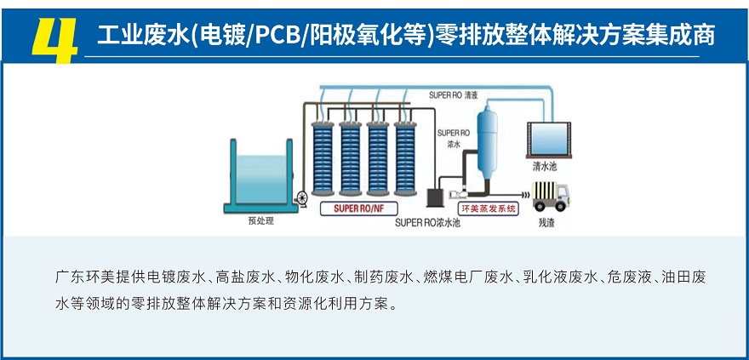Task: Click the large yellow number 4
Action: (54, 37)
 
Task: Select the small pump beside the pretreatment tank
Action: (300, 198)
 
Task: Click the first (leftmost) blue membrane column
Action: (324, 158)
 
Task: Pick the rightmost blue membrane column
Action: (401, 158)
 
